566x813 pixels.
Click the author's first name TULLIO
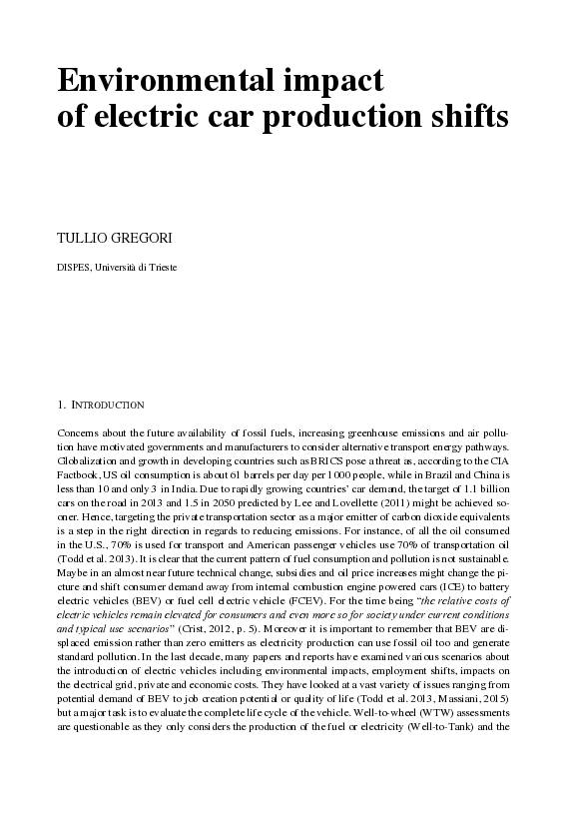click(83, 241)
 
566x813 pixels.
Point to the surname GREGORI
click(143, 241)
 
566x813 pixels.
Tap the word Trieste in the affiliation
click(160, 268)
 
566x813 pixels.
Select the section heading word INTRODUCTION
click(109, 406)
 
